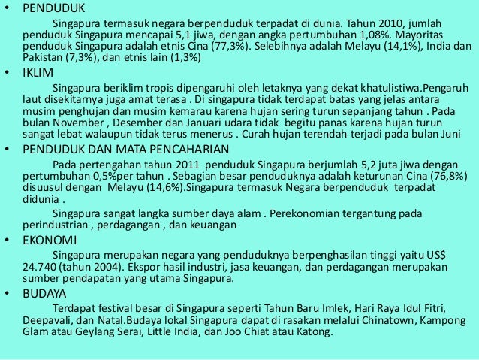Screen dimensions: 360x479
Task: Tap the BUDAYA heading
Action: click(44, 292)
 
